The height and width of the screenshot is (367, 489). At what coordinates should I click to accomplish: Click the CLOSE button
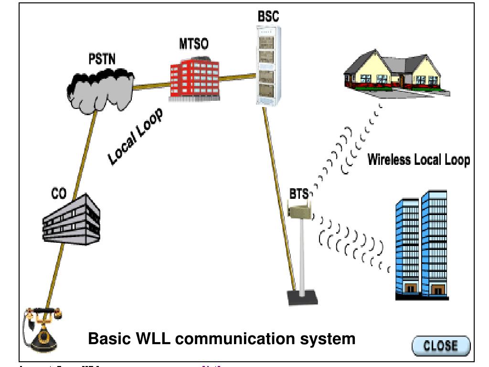441,346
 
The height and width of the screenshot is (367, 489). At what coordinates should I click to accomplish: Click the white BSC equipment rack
268,65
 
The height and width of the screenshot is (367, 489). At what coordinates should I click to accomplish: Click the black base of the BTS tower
302,297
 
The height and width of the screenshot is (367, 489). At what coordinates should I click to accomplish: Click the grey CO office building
71,220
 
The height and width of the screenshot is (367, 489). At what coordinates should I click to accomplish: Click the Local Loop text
135,137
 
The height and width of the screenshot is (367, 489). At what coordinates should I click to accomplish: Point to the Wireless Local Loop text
418,160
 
